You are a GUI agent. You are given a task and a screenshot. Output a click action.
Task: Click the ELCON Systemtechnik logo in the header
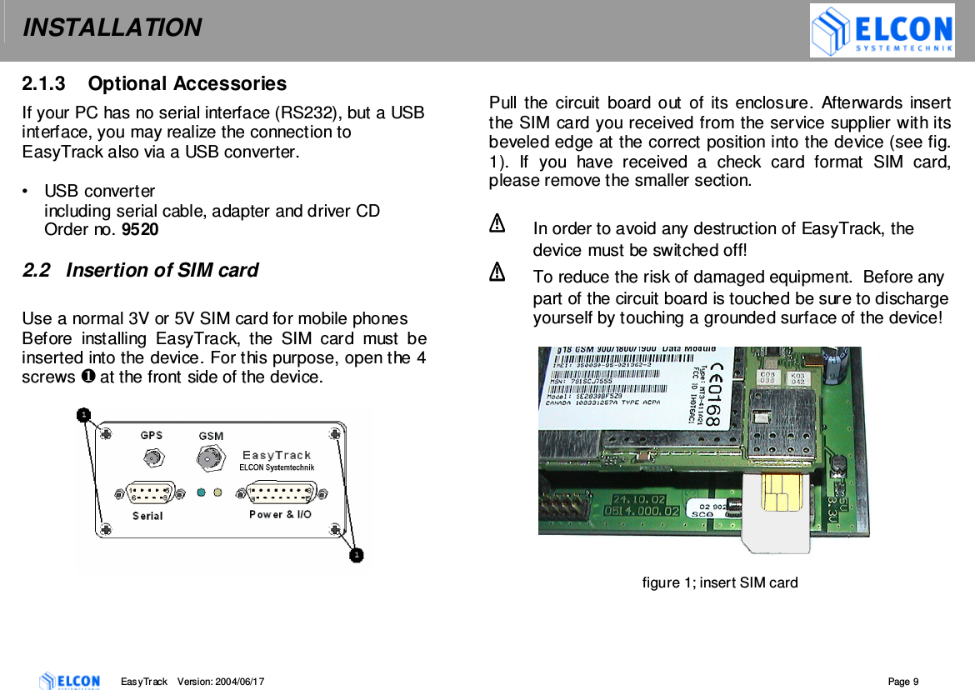882,31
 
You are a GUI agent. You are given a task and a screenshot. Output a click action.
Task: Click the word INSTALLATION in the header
112,28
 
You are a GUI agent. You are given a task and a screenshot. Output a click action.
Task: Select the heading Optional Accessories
187,84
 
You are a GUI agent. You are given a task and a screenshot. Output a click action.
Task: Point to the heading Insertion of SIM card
162,271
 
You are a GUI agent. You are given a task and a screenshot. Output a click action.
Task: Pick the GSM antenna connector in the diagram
210,457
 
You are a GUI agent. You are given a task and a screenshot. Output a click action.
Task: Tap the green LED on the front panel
201,492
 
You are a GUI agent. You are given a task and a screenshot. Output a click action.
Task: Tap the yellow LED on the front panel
217,492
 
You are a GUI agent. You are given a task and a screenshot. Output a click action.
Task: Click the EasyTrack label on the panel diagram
277,455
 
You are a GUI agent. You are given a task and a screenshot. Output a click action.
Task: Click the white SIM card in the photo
776,512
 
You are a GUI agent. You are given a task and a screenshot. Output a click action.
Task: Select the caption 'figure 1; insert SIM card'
719,582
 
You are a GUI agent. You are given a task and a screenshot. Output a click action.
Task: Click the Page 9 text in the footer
903,682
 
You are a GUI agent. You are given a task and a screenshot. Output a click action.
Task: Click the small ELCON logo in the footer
70,681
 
